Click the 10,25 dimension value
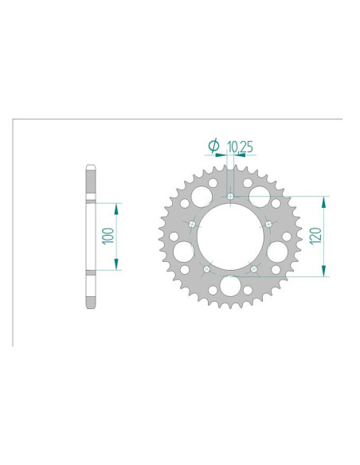tap(241, 147)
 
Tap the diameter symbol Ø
tap(213, 146)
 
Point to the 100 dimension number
tap(108, 236)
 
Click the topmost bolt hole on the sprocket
tap(229, 196)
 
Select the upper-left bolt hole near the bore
tap(194, 224)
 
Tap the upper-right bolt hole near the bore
tap(268, 224)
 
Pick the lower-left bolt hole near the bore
tap(207, 269)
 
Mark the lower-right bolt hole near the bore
tap(253, 269)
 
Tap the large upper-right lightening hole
tap(260, 195)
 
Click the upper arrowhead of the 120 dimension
tap(323, 201)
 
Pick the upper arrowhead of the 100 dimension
tap(117, 207)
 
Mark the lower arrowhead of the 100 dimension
tap(117, 267)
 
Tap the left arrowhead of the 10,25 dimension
tap(224, 156)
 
